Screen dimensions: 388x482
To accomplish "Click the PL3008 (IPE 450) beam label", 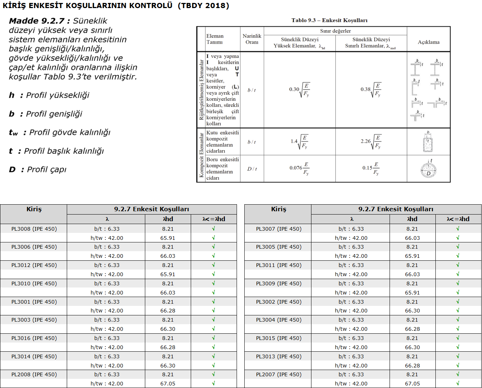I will click(34, 229).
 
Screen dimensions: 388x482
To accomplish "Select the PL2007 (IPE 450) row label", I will click(278, 374).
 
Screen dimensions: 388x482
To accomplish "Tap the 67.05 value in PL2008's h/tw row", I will click(168, 384).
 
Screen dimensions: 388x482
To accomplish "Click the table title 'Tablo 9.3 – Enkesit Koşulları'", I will click(329, 21).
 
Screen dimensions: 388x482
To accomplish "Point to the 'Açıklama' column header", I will click(428, 42).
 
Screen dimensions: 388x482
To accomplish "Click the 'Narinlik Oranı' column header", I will click(252, 39).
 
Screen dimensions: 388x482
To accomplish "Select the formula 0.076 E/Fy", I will click(299, 168).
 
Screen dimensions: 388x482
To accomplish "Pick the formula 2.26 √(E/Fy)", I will click(371, 141).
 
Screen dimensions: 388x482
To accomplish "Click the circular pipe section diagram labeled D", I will click(428, 169).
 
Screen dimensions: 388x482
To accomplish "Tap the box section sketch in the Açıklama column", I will click(428, 142).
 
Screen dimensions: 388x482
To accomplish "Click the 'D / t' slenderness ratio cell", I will click(252, 169).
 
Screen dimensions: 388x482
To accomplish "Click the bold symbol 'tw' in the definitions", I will click(13, 133).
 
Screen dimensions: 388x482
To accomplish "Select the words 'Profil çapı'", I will click(47, 169).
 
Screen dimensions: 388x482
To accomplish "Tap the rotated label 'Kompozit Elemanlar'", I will click(201, 155).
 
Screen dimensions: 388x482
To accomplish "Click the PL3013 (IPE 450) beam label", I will click(278, 356).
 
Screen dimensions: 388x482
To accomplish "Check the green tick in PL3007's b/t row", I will click(458, 229).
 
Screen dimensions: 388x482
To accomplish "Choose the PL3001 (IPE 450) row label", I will click(34, 302).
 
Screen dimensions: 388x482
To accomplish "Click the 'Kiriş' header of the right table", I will click(278, 209).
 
